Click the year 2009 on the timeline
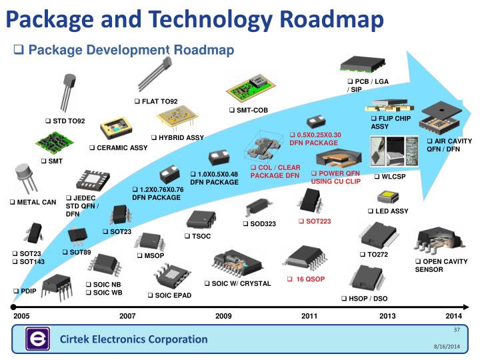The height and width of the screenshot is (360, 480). [223, 315]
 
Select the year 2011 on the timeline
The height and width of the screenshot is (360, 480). [309, 315]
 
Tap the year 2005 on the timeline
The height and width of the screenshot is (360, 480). [22, 315]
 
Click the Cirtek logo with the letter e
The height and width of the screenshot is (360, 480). [37, 339]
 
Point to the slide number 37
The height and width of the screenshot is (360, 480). [457, 331]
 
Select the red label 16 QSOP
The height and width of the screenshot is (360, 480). [309, 279]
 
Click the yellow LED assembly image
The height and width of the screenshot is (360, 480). [387, 197]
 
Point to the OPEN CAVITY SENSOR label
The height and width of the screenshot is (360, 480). [441, 265]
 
